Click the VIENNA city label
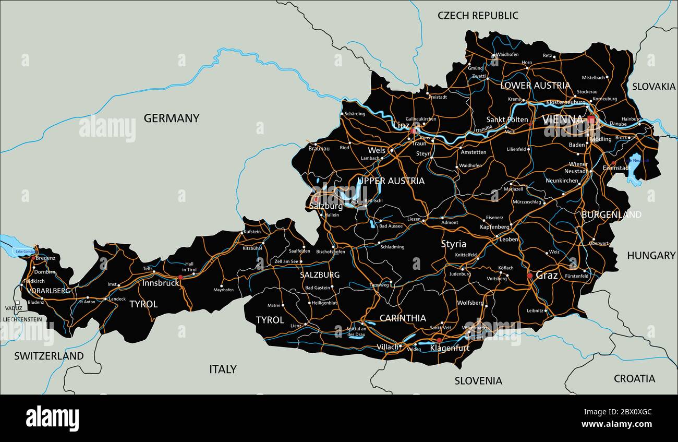click(x=563, y=120)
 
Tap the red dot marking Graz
click(x=530, y=276)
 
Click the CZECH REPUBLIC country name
click(x=478, y=16)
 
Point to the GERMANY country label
click(x=172, y=118)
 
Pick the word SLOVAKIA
click(x=653, y=87)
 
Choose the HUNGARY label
click(x=651, y=256)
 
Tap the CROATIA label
click(x=634, y=379)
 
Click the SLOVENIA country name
click(x=478, y=381)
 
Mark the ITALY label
click(x=223, y=369)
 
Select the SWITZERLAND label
click(x=49, y=356)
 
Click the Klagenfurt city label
click(x=450, y=348)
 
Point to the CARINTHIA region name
click(x=403, y=318)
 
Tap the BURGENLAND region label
click(x=611, y=214)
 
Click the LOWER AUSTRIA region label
click(x=535, y=86)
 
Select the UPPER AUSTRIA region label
click(x=391, y=181)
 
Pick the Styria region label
click(x=454, y=244)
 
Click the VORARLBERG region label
click(x=49, y=291)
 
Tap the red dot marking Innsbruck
click(x=180, y=278)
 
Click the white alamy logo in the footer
click(x=52, y=418)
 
